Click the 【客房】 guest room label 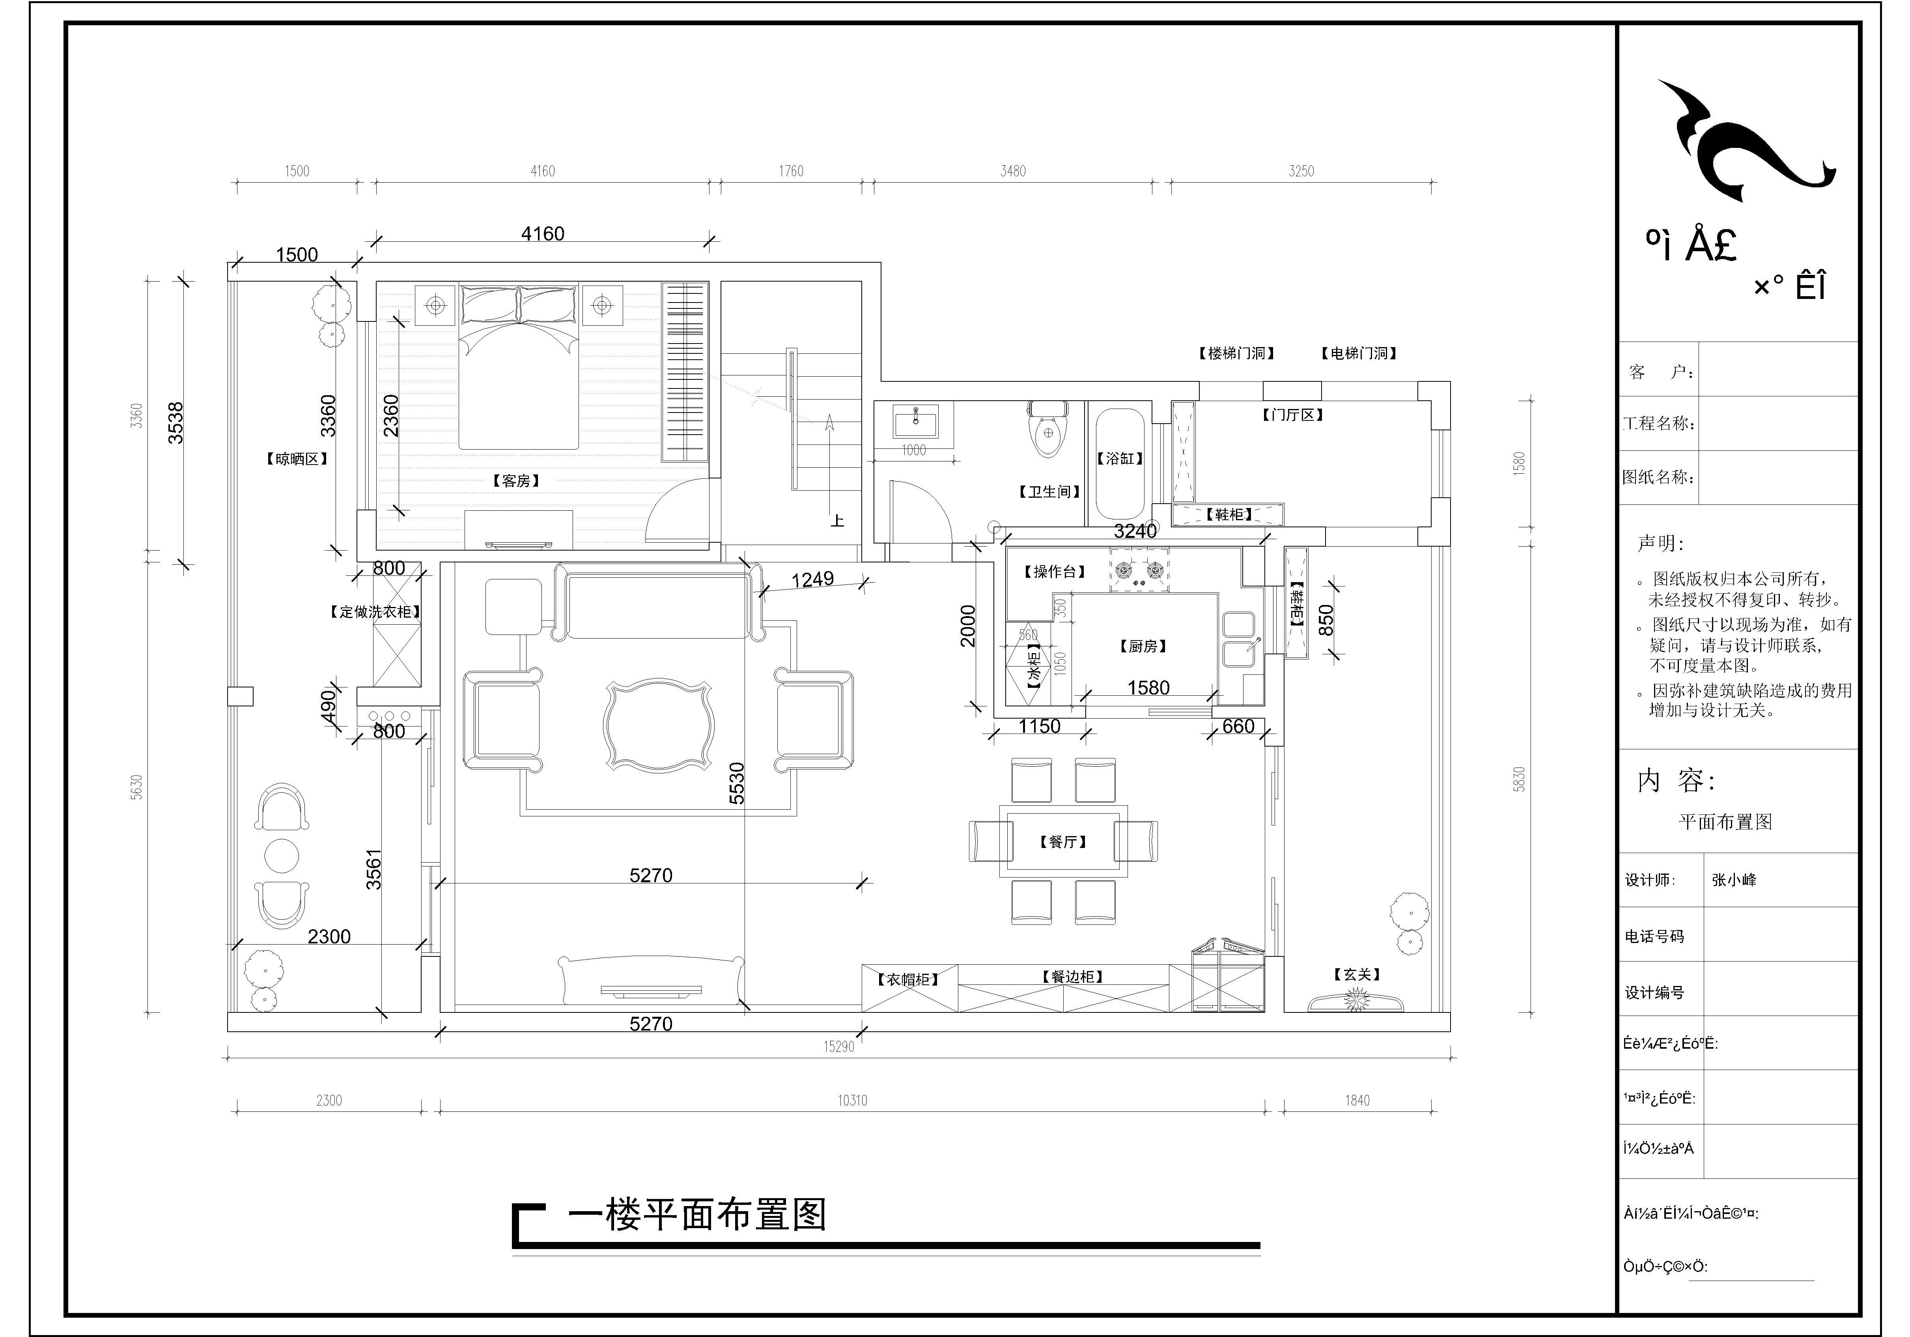(516, 481)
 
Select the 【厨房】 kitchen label (1143, 646)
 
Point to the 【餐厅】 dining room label (1063, 842)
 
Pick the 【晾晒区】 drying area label (297, 458)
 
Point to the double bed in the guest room (519, 366)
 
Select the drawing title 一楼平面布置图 (697, 1216)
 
